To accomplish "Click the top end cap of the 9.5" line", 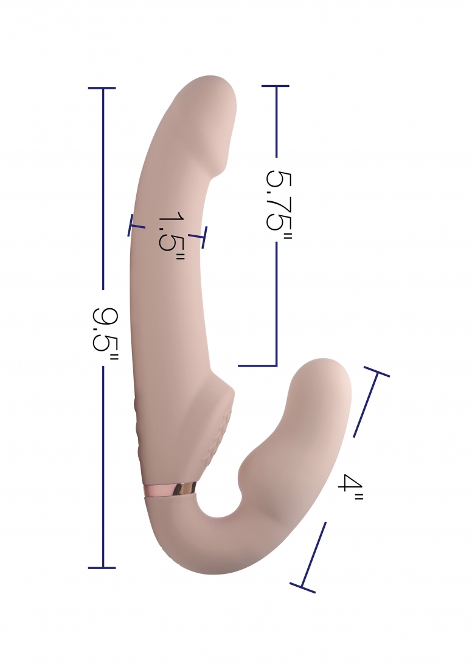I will tap(102, 89).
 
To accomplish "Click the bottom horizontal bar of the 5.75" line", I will tap(257, 366).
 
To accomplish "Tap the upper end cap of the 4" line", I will tap(377, 372).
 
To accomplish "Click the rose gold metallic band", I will tap(170, 489).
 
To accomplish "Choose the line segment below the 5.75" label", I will tap(276, 304).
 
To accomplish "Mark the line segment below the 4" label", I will tap(314, 553).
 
